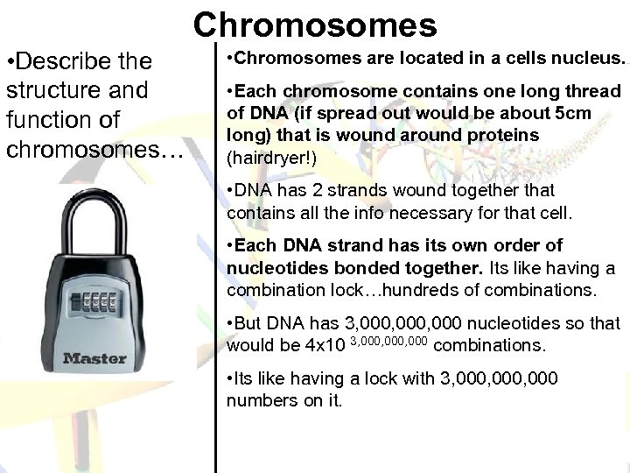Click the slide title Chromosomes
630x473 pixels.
click(315, 25)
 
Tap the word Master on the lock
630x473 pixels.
click(94, 357)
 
